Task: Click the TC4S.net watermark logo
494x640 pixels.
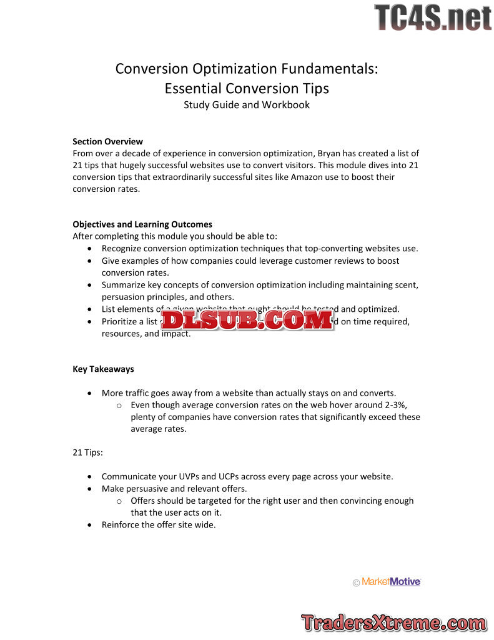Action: coord(433,17)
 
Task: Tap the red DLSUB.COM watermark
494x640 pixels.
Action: coord(247,320)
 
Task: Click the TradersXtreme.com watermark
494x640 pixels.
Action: coord(393,622)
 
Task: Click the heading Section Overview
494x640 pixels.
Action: coord(107,141)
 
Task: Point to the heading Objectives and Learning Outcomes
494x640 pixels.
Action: coord(142,224)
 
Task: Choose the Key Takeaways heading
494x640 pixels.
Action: coord(103,369)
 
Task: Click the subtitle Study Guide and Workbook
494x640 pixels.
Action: coord(247,104)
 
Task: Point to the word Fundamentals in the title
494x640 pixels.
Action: coord(324,69)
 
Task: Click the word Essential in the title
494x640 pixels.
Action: coord(193,88)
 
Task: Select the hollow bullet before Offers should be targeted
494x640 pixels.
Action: coord(119,501)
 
